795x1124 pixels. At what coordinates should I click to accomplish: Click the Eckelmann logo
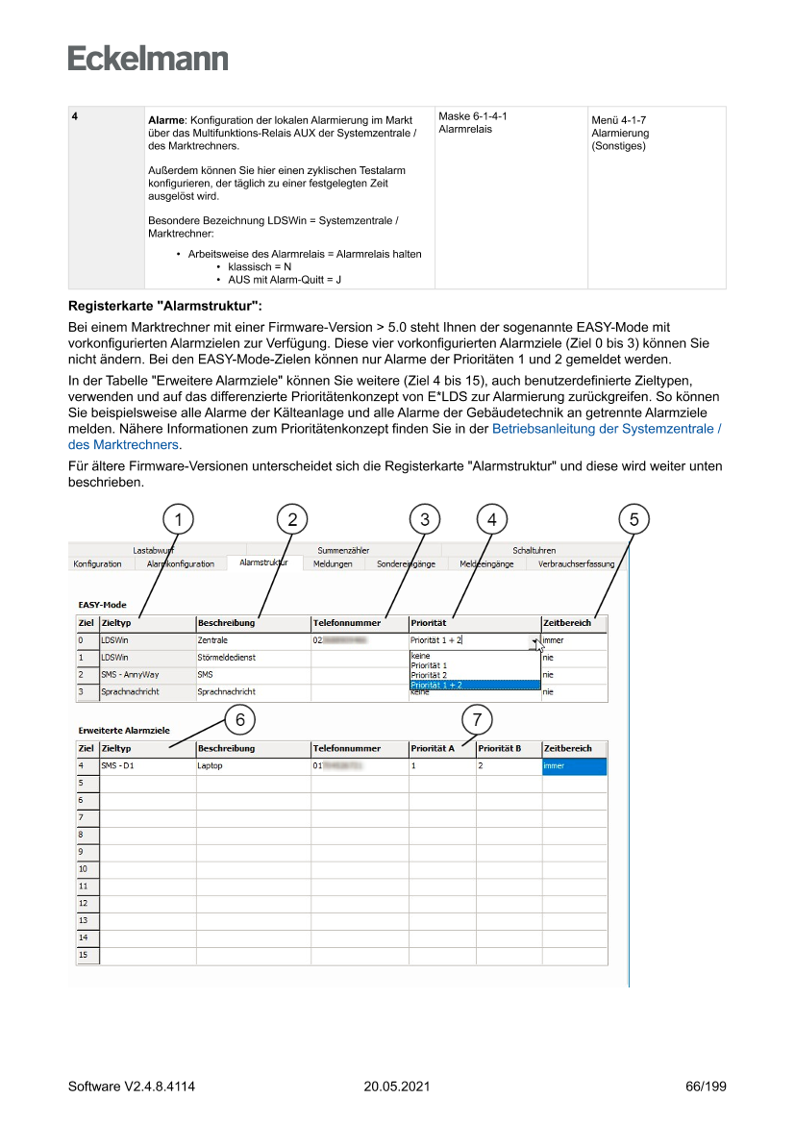[x=148, y=59]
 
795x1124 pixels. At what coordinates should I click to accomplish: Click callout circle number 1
[x=178, y=519]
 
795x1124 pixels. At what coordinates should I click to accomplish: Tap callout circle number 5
[x=634, y=519]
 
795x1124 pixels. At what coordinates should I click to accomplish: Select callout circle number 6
[x=240, y=719]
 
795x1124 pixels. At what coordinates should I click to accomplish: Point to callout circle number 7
[x=478, y=719]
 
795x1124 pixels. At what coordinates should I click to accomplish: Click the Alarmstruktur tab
[x=263, y=563]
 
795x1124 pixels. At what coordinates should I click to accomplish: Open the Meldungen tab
[x=333, y=564]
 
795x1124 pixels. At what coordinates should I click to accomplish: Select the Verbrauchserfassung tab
[x=577, y=564]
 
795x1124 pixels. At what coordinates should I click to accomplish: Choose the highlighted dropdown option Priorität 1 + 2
[x=436, y=685]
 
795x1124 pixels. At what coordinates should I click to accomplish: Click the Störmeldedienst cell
[x=226, y=658]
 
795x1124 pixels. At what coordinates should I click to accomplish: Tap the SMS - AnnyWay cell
[x=130, y=675]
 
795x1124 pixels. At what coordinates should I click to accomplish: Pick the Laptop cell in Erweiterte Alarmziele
[x=211, y=766]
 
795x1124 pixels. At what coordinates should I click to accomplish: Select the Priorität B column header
[x=499, y=748]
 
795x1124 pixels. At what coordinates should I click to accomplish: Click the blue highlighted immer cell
[x=574, y=766]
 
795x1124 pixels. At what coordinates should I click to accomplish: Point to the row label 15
[x=84, y=955]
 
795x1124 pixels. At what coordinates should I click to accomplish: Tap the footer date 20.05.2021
[x=397, y=1087]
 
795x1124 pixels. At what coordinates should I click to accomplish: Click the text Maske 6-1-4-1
[x=473, y=116]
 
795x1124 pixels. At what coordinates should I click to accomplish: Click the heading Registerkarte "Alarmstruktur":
[x=164, y=307]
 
